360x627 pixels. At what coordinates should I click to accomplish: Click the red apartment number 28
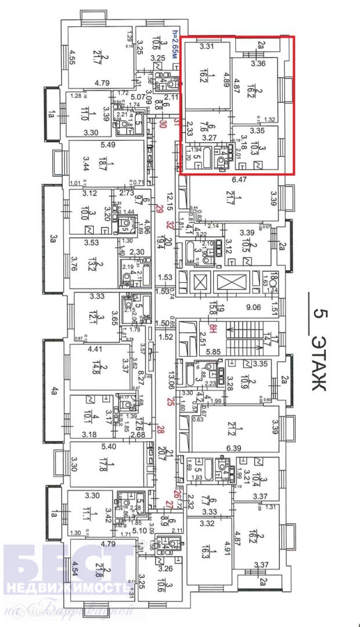161,429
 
